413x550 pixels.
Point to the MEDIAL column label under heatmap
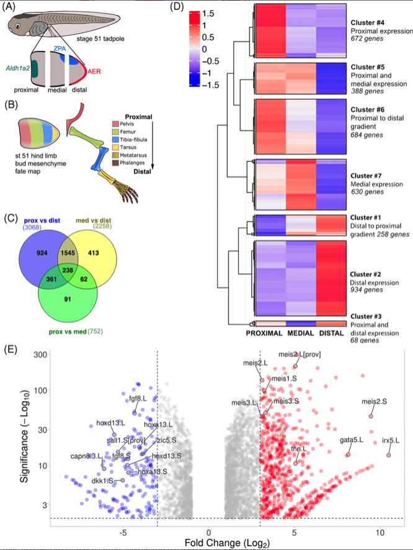302,334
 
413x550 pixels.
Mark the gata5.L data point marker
348,454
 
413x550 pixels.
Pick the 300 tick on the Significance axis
42,354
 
